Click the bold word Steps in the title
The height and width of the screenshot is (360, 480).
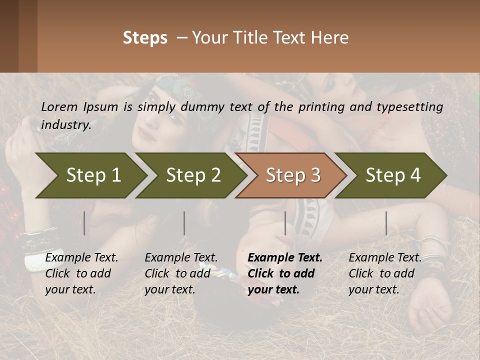pos(145,38)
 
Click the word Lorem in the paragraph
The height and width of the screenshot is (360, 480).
pos(59,106)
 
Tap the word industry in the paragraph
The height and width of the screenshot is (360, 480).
pos(65,125)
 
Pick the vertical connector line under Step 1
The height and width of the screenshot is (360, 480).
pos(84,223)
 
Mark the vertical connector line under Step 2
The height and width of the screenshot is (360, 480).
pos(184,223)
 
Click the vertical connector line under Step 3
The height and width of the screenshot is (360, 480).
pos(285,223)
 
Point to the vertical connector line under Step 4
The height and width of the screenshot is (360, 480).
pos(386,223)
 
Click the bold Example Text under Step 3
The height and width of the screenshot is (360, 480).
pos(285,258)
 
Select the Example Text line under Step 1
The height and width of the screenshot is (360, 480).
pos(81,258)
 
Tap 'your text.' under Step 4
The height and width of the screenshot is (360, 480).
pos(374,289)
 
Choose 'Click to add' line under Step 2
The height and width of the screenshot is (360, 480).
pos(177,273)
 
